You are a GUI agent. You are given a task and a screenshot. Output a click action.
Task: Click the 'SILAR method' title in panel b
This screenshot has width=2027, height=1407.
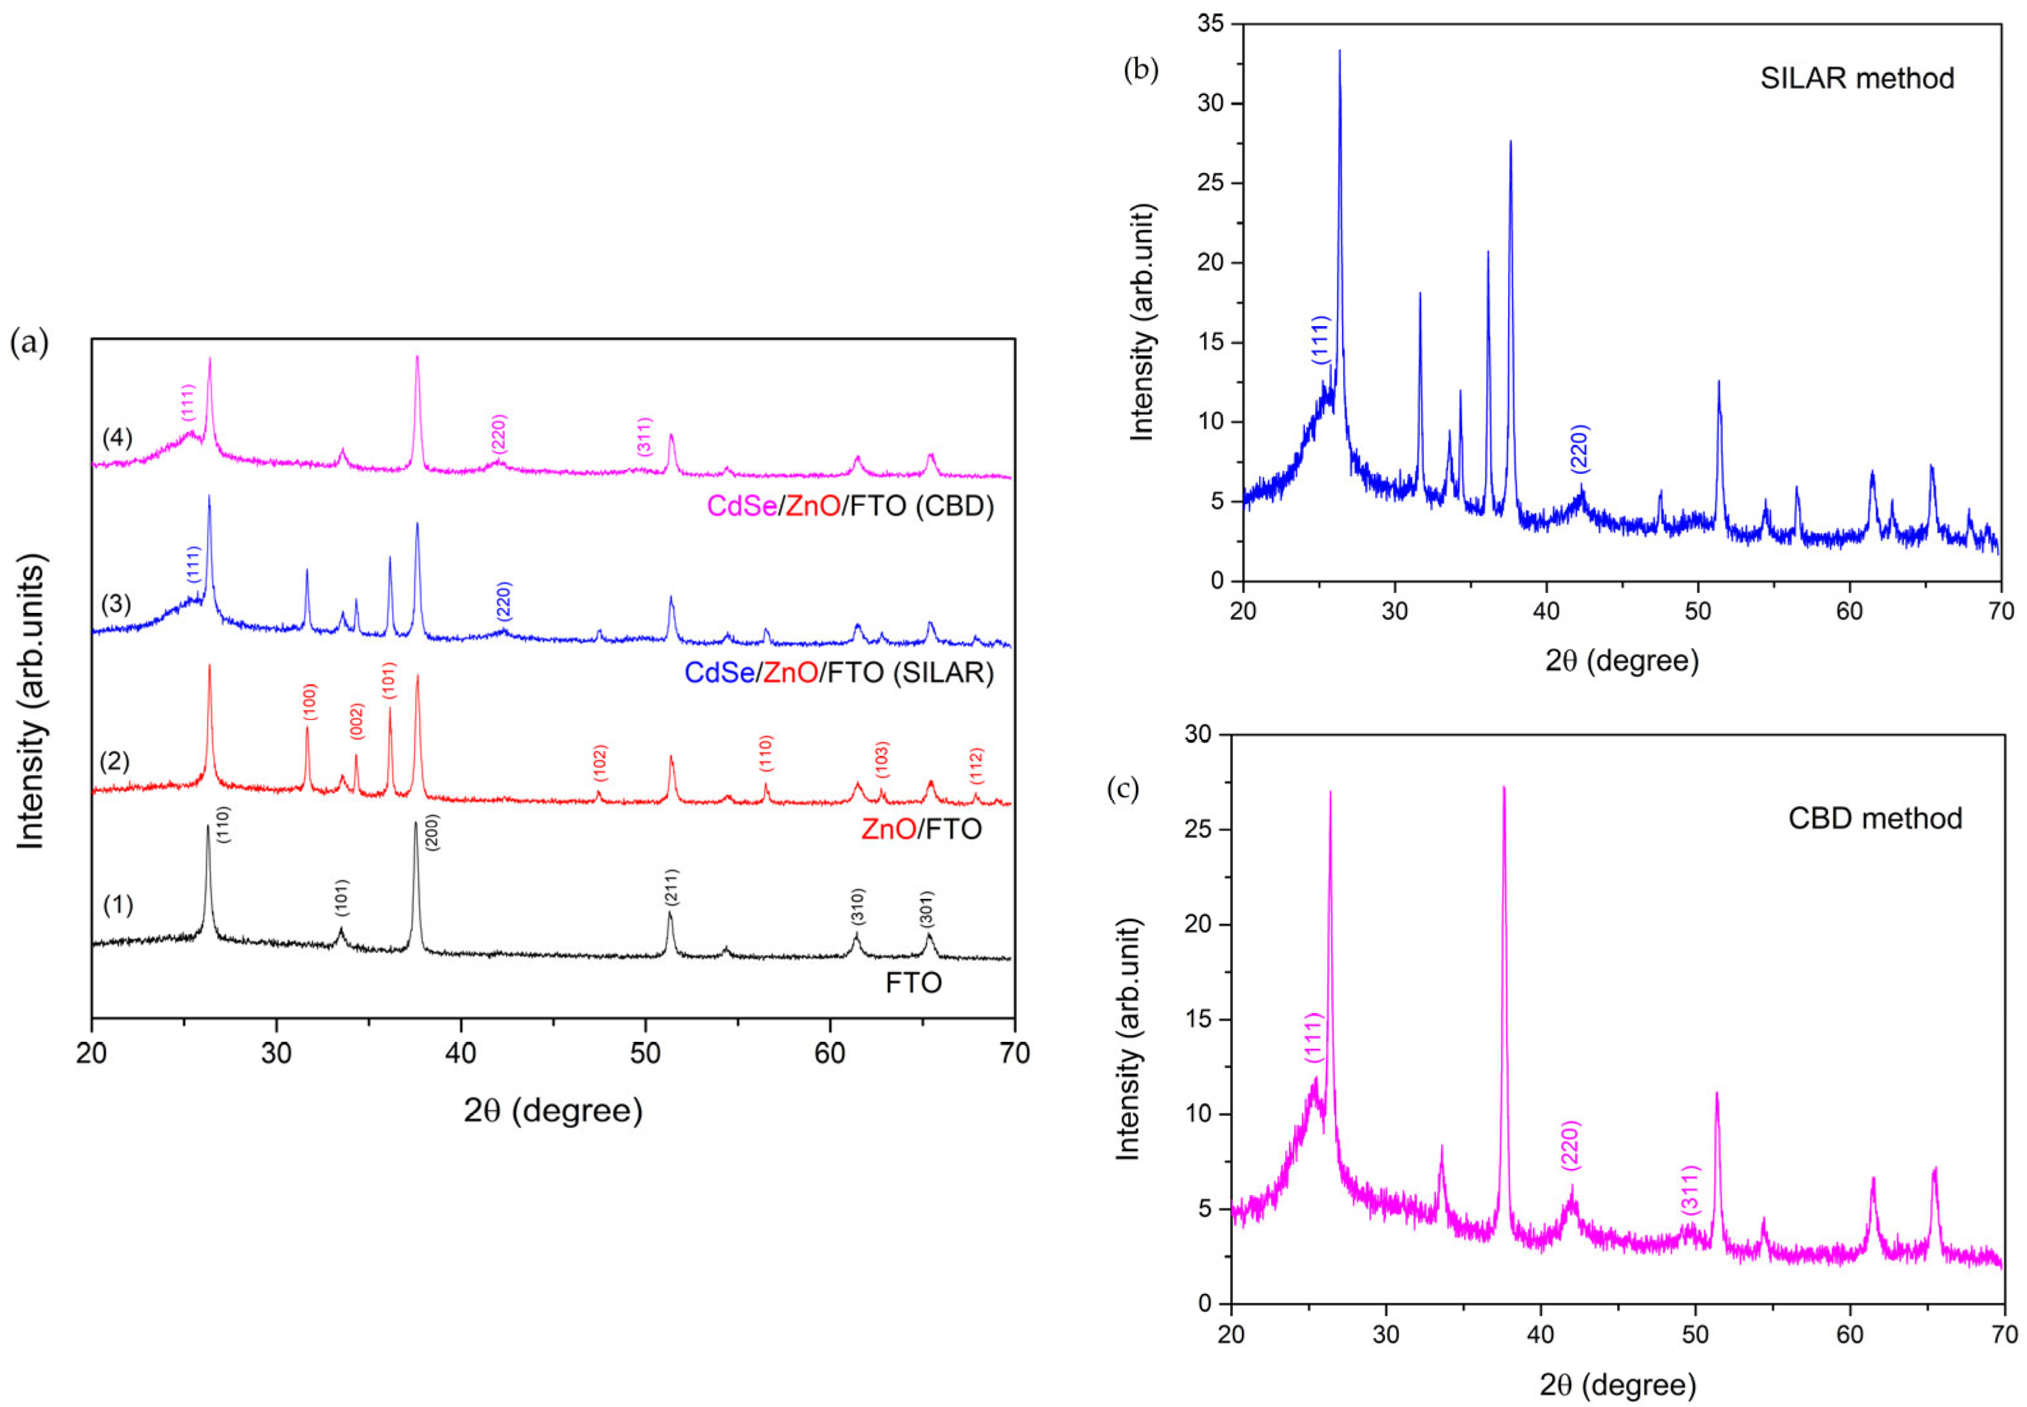point(1857,79)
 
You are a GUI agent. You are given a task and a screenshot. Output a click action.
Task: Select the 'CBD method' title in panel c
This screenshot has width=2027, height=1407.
point(1874,818)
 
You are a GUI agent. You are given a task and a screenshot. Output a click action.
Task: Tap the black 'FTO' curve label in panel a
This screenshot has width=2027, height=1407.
point(914,983)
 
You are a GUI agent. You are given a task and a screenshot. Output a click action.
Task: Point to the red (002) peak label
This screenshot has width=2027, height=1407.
point(356,721)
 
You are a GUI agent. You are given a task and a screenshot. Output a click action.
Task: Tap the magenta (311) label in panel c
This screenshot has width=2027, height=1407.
point(1689,1190)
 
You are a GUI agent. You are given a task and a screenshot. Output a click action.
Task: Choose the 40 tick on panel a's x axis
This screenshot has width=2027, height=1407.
point(460,1053)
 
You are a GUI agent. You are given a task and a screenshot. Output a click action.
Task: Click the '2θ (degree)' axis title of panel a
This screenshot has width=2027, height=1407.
point(553,1111)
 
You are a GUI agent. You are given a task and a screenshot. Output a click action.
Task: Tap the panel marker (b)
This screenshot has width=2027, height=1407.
point(1141,70)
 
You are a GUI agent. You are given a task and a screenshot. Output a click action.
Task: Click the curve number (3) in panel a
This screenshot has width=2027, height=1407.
point(116,604)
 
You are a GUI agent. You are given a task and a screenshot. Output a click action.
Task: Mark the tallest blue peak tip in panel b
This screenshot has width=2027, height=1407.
point(1339,51)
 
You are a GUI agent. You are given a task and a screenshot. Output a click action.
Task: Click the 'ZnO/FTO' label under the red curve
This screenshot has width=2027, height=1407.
point(921,829)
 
